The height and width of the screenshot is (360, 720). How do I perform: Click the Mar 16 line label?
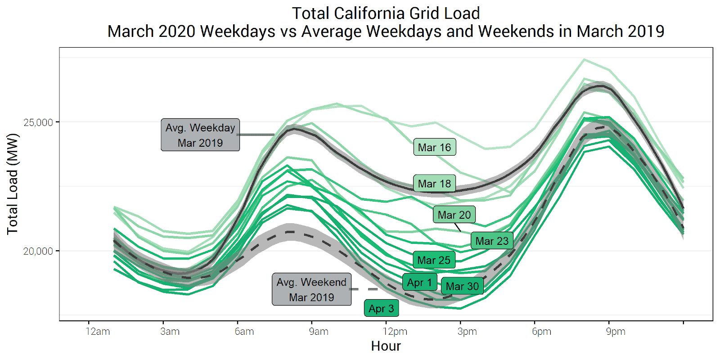click(434, 147)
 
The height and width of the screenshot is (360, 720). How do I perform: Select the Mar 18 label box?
click(434, 184)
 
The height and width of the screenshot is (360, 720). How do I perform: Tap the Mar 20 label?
click(454, 215)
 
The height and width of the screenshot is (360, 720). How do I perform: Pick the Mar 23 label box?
click(492, 241)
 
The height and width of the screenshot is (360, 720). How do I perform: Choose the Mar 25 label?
click(434, 260)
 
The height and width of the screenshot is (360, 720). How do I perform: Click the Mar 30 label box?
click(462, 286)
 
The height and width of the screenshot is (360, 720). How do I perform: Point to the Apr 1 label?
click(419, 282)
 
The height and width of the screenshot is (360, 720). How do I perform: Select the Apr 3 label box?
click(381, 308)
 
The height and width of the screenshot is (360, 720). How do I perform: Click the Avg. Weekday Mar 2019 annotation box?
click(200, 135)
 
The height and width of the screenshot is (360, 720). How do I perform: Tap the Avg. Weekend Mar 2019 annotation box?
click(311, 289)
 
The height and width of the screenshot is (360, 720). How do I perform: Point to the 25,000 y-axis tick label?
click(38, 122)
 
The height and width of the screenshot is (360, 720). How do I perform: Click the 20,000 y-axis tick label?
click(38, 251)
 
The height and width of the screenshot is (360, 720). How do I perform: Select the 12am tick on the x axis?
click(98, 332)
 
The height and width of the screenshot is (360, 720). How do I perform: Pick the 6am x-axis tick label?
click(244, 332)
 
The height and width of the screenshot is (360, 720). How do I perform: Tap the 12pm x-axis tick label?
click(395, 332)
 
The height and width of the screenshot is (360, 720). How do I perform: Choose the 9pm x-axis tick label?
click(616, 332)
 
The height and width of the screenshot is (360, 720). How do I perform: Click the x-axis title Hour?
click(386, 346)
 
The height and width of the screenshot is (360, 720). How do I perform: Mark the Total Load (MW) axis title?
click(13, 184)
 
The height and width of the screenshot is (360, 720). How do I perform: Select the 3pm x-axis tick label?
click(467, 332)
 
